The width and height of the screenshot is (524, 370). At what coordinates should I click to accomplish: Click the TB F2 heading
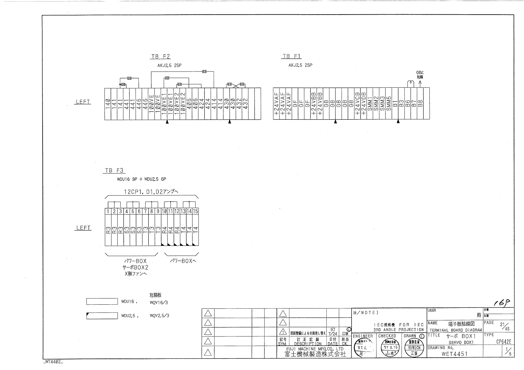point(161,57)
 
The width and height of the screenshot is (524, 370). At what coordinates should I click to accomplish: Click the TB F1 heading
point(292,56)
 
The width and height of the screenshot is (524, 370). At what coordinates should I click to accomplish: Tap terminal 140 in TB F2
point(108,104)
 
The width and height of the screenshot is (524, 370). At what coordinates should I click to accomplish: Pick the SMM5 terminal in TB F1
point(389,104)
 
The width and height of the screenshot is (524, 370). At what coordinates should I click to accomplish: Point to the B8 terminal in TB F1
point(420,104)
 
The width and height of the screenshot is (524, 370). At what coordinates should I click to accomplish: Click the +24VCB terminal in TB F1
point(358,104)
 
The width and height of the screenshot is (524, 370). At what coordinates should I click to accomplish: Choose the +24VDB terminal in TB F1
point(364,104)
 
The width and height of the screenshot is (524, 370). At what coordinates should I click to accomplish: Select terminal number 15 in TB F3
point(195,211)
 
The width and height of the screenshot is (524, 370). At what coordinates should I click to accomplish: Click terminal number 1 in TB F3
point(108,211)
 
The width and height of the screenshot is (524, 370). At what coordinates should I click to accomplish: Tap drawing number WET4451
point(454,354)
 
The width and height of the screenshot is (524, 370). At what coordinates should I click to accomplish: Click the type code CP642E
point(503,342)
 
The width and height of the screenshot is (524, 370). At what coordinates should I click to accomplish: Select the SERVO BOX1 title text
point(461,342)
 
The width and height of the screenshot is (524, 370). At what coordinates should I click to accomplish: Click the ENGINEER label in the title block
point(363,336)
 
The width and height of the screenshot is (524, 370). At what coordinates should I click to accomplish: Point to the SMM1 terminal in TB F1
point(370,104)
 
